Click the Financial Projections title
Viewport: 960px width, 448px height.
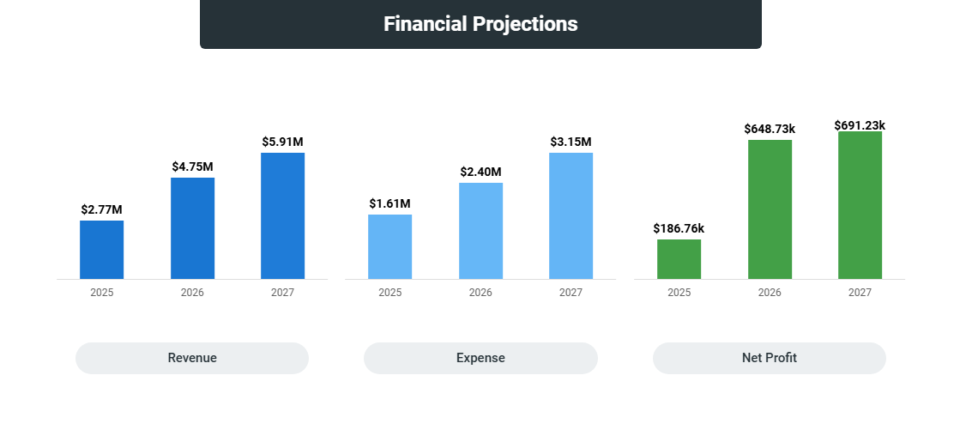click(480, 24)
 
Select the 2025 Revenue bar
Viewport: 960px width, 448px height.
click(101, 250)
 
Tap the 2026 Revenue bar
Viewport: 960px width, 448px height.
click(192, 228)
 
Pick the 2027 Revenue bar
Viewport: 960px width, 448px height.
click(282, 215)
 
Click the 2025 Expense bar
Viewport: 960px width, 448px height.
click(389, 246)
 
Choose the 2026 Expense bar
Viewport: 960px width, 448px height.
click(480, 231)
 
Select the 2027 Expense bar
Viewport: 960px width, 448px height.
click(571, 215)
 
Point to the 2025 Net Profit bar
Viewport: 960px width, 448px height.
click(679, 259)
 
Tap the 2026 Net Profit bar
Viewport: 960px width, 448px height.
click(770, 209)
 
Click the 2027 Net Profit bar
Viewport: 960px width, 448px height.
click(860, 205)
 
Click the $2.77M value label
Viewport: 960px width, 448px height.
click(101, 209)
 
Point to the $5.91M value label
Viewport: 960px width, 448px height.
click(282, 142)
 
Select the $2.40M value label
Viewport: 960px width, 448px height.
click(480, 172)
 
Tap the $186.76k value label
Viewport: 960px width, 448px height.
click(679, 228)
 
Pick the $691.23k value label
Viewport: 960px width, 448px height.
click(860, 125)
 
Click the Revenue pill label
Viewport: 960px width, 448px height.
click(192, 358)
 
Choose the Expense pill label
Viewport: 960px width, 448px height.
click(480, 358)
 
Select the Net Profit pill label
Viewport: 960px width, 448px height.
click(769, 358)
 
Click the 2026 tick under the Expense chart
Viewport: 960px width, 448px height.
click(480, 293)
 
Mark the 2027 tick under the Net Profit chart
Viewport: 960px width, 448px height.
click(860, 293)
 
